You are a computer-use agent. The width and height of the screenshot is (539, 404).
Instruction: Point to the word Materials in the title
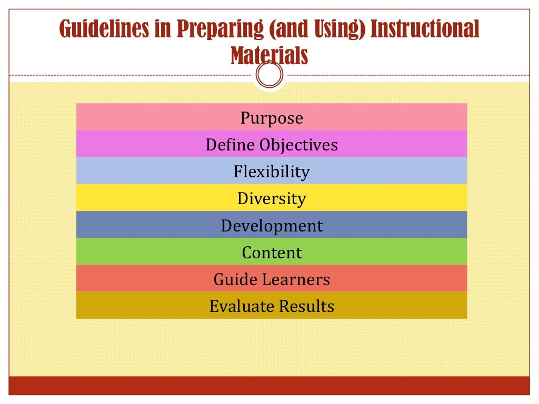(x=269, y=55)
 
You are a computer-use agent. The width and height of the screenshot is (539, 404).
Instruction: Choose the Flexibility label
(x=272, y=171)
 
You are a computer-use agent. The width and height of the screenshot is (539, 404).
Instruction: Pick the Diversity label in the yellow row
(x=272, y=198)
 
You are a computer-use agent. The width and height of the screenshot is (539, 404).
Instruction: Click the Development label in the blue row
(x=272, y=226)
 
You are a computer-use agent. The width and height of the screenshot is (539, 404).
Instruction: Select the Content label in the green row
(x=272, y=252)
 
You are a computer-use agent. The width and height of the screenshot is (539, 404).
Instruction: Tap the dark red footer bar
(x=269, y=385)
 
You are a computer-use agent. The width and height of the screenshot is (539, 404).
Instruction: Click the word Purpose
(x=272, y=118)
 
